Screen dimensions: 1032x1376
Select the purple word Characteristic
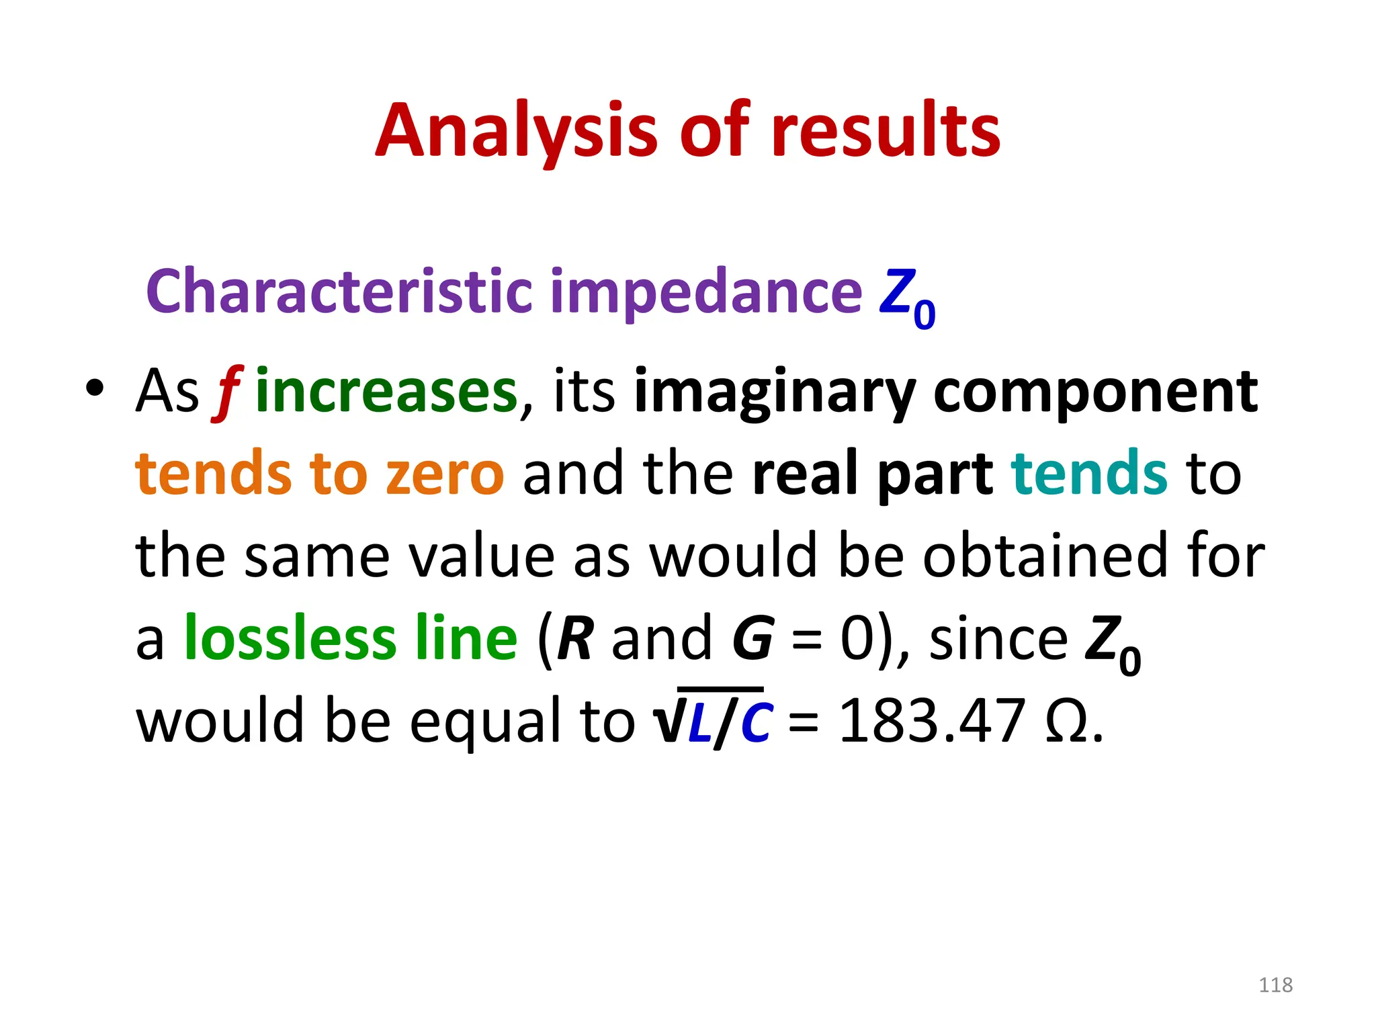[x=339, y=292]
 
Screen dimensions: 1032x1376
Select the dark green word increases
[x=386, y=392]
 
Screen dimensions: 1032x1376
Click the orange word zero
[x=444, y=474]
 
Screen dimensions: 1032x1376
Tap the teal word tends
[x=1089, y=474]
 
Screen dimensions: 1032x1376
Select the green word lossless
[x=290, y=638]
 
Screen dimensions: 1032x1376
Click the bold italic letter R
[x=575, y=638]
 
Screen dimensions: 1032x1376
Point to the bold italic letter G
[x=752, y=638]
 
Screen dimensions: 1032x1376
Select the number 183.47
[x=932, y=721]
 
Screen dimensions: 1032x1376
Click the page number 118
[x=1275, y=985]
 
